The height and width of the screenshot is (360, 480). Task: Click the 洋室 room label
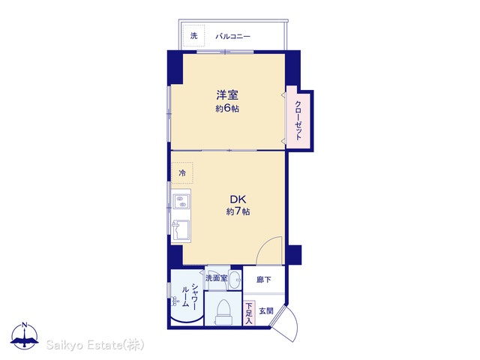pos(227,95)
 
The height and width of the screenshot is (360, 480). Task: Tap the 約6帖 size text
pos(227,109)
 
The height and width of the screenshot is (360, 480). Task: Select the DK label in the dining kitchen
pos(238,199)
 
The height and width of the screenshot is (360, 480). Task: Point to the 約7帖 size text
pos(238,211)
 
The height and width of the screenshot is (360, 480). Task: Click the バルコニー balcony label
pos(233,37)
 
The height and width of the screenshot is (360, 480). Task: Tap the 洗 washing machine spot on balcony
pos(193,36)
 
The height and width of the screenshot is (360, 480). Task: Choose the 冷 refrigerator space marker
pos(182,173)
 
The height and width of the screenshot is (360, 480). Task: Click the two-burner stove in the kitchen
pos(181,202)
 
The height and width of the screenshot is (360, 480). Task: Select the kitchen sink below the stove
pos(181,230)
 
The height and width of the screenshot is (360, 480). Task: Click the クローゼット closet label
pos(298,120)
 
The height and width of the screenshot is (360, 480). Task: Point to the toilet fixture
pos(223,312)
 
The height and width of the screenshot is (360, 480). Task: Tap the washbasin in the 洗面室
pos(235,280)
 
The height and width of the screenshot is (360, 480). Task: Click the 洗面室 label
pos(217,278)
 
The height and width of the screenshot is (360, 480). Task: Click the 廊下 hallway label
pos(263,280)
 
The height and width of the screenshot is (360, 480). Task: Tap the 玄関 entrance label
pos(266,311)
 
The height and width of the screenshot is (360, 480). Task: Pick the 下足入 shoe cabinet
pos(249,313)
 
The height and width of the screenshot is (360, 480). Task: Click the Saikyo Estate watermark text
pos(95,345)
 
